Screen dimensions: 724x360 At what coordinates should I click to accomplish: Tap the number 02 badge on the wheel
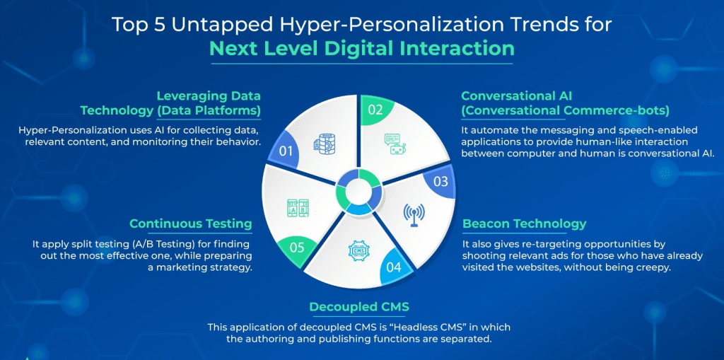pos(375,110)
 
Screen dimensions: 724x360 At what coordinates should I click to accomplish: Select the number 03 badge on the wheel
pos(440,181)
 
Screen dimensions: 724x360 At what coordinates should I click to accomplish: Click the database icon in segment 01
pos(324,144)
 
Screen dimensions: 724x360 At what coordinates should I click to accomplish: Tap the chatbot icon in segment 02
pos(395,144)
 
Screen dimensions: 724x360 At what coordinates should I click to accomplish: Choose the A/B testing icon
pos(298,209)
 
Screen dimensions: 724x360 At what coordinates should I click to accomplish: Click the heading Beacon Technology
pos(525,224)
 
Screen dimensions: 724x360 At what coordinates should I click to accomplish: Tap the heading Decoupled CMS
pos(358,307)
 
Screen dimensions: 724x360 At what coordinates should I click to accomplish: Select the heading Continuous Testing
pos(191,224)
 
